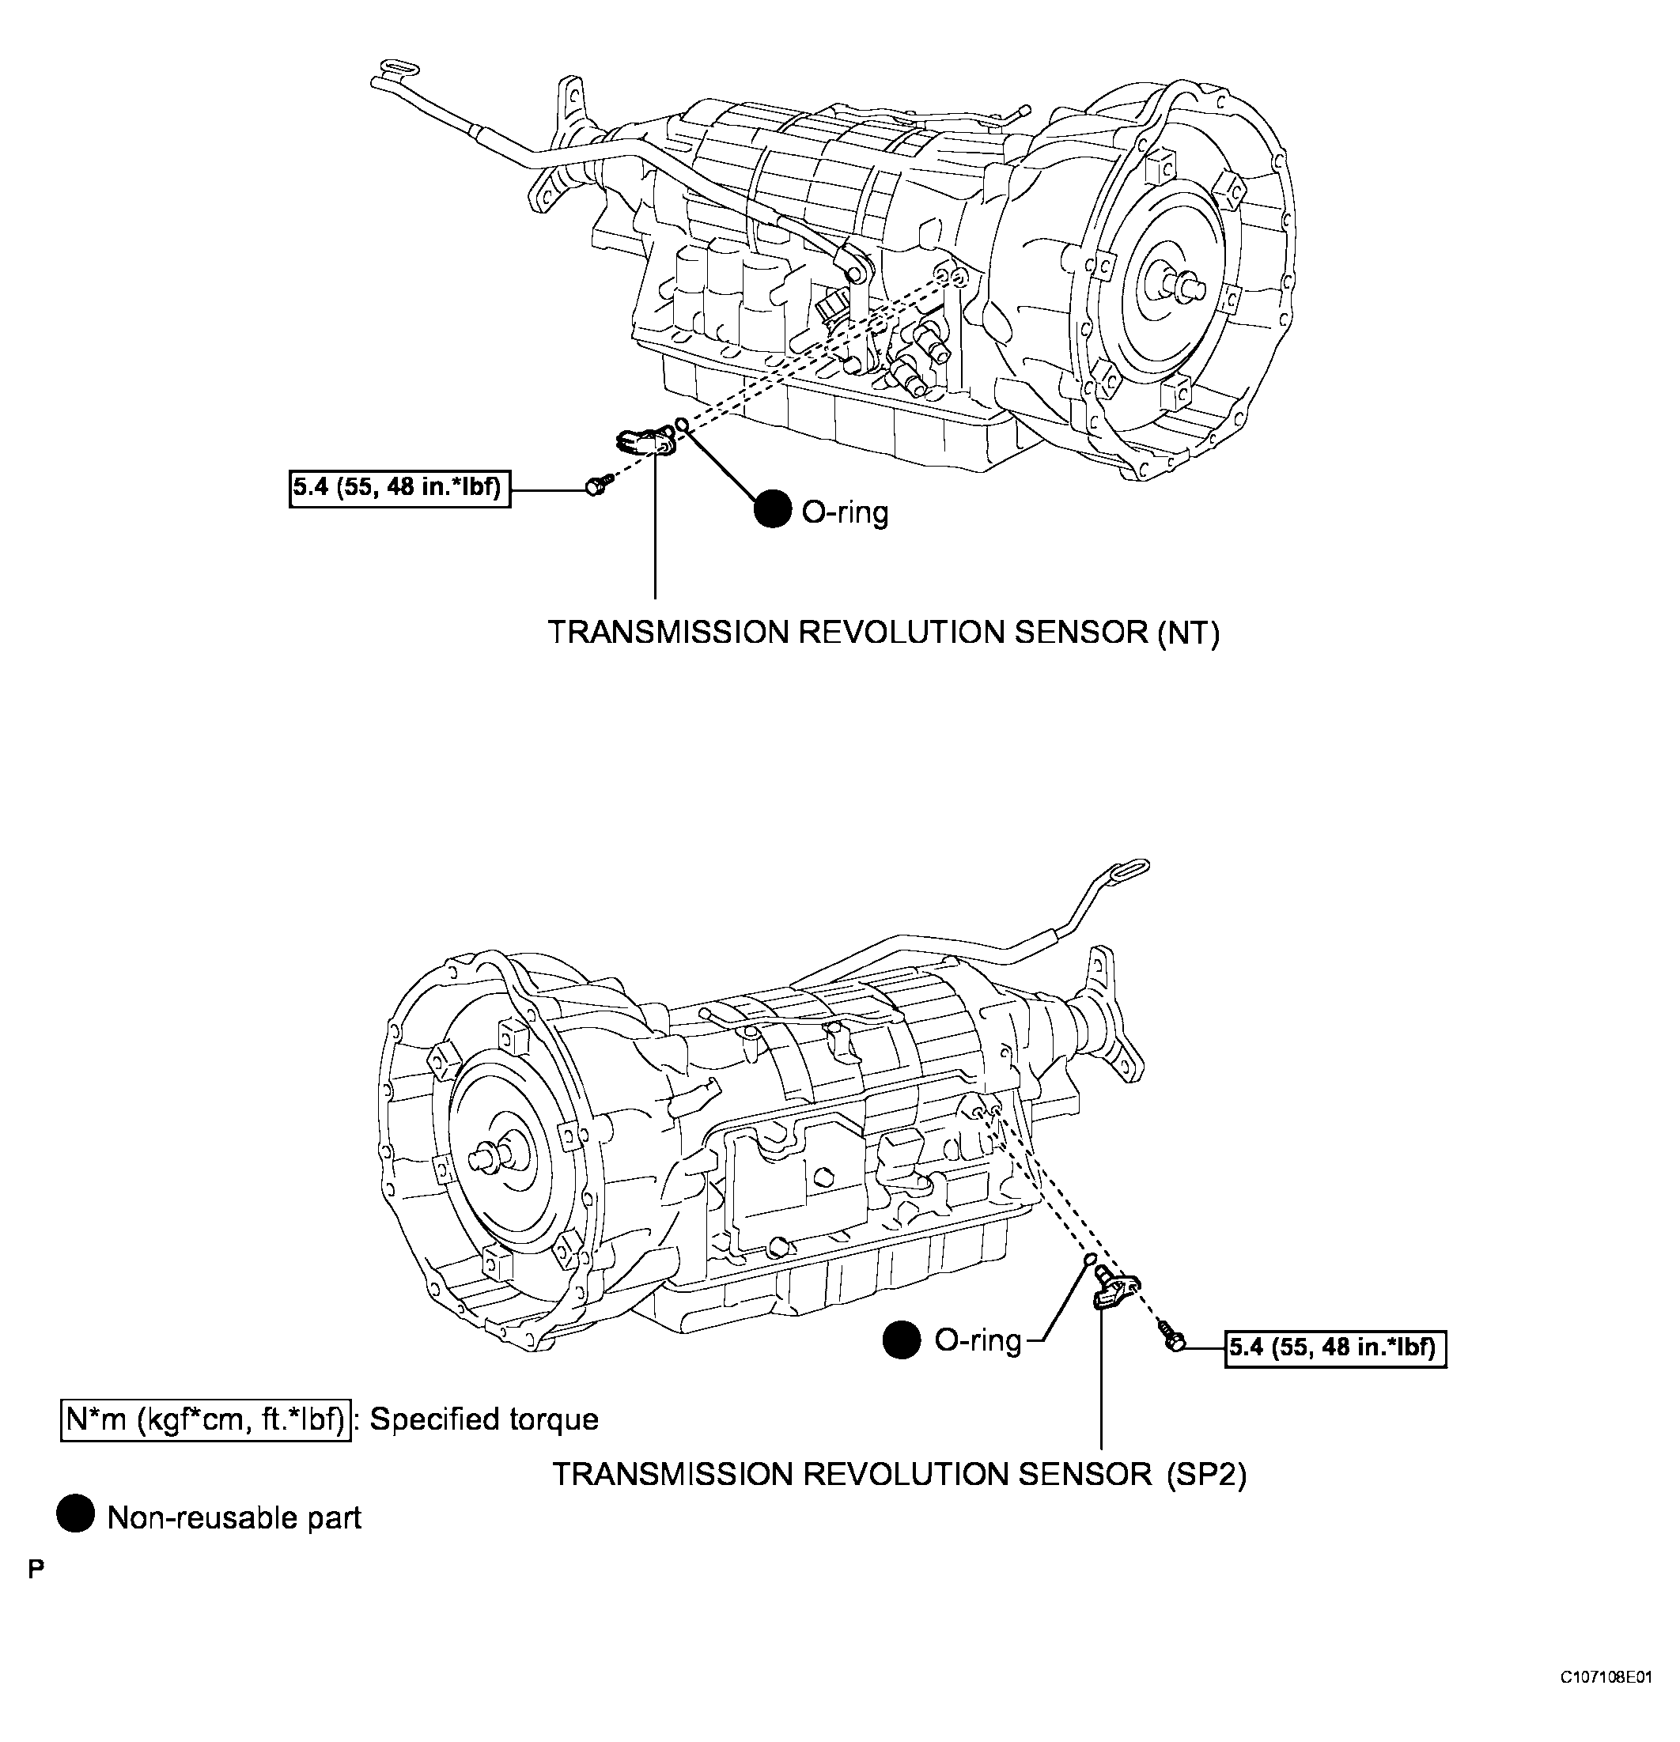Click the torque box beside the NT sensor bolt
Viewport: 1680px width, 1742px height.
(x=400, y=488)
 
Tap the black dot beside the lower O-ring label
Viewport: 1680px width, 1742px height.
(x=902, y=1340)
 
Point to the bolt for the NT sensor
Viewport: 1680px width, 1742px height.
(x=596, y=486)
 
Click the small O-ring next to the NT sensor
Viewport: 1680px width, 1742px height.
(x=682, y=424)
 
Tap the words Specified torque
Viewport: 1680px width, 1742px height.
(x=484, y=1419)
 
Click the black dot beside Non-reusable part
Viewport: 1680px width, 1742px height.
(x=76, y=1515)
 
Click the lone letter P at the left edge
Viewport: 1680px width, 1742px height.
(x=36, y=1570)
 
